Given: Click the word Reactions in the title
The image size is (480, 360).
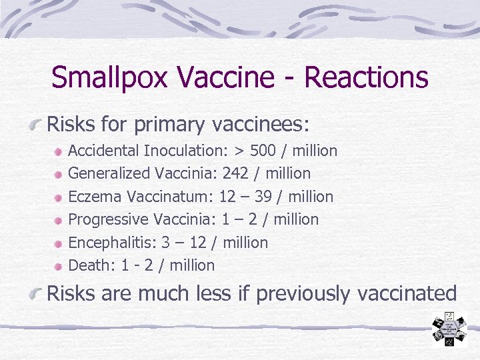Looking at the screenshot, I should pyautogui.click(x=366, y=78).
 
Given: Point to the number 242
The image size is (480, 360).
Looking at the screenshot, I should pyautogui.click(x=235, y=173).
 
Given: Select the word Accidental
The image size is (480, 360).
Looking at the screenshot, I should pyautogui.click(x=105, y=151).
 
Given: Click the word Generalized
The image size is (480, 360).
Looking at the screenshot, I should pyautogui.click(x=109, y=173).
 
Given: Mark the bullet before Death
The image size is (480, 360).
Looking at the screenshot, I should pyautogui.click(x=59, y=266).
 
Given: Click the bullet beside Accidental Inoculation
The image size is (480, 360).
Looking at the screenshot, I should pyautogui.click(x=59, y=151).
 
